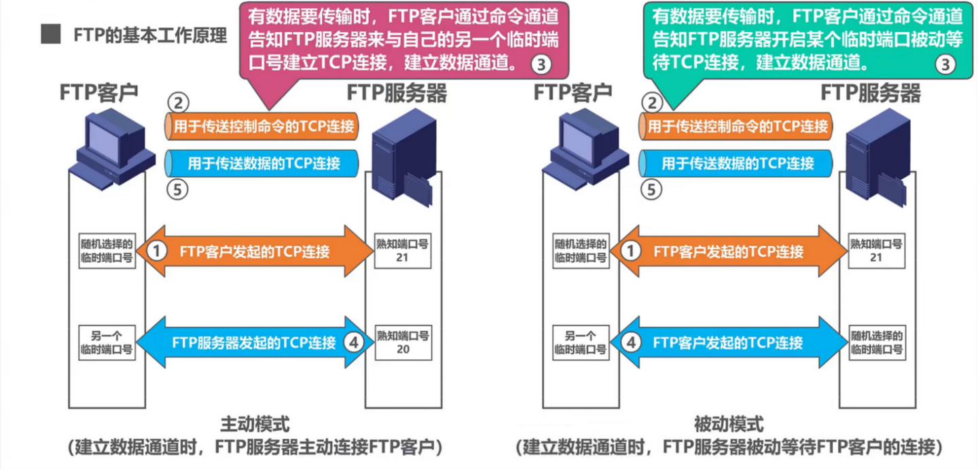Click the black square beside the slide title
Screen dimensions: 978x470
pyautogui.click(x=51, y=34)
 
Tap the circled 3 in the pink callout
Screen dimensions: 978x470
pyautogui.click(x=541, y=65)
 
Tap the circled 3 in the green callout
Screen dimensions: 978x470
pyautogui.click(x=945, y=65)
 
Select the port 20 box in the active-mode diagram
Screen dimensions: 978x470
pyautogui.click(x=403, y=343)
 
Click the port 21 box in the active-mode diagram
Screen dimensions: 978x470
pyautogui.click(x=403, y=251)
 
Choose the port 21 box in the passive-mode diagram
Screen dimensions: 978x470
pyautogui.click(x=877, y=251)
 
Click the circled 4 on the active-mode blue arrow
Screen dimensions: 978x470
pyautogui.click(x=354, y=342)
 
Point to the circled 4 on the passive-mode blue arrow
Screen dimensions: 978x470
pyautogui.click(x=631, y=342)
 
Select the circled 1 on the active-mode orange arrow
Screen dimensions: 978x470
pyautogui.click(x=156, y=251)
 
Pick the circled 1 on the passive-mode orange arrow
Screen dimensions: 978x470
pyautogui.click(x=630, y=251)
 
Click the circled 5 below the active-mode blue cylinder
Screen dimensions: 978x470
pyautogui.click(x=177, y=190)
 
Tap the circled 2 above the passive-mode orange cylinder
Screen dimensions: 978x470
pyautogui.click(x=652, y=103)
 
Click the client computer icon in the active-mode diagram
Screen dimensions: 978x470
pyautogui.click(x=112, y=149)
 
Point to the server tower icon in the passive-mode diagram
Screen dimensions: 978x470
pyautogui.click(x=878, y=158)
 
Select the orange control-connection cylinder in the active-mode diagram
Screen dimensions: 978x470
pyautogui.click(x=261, y=126)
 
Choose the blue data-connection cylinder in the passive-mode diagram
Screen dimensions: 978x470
pyautogui.click(x=736, y=164)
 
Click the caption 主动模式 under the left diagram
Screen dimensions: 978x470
pyautogui.click(x=255, y=424)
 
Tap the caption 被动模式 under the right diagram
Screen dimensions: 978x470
pyautogui.click(x=729, y=424)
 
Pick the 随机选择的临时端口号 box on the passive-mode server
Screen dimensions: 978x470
pyautogui.click(x=877, y=343)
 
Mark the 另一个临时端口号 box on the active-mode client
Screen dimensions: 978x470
pyautogui.click(x=107, y=343)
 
